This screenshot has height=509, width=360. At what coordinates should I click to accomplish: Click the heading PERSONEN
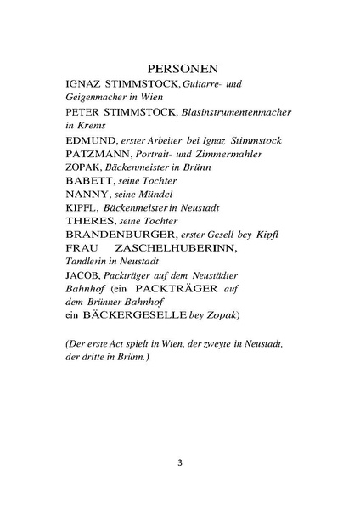(x=180, y=67)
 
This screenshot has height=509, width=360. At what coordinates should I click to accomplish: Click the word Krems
(x=93, y=124)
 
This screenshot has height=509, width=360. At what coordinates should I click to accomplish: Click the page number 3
(x=180, y=463)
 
